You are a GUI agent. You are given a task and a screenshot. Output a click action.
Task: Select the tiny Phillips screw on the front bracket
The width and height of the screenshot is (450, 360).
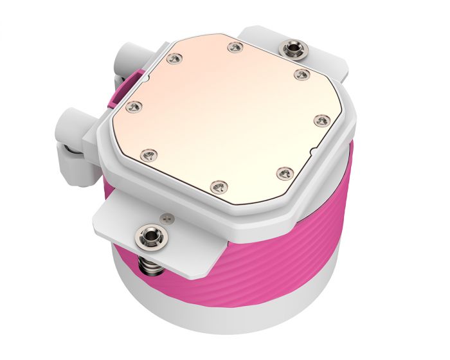[x=168, y=219]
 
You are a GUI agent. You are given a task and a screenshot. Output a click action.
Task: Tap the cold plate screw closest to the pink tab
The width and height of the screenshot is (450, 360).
[x=172, y=59]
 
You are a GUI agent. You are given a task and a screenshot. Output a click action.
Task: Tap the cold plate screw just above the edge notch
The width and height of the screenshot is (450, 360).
[x=320, y=119]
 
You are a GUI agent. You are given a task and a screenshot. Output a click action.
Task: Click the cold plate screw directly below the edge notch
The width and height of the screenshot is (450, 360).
[x=283, y=172]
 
